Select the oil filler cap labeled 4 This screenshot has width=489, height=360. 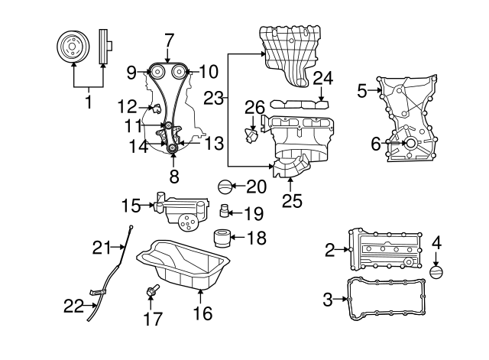click(437, 273)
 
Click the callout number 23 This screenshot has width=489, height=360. click(215, 98)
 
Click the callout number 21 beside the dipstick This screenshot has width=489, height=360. click(102, 246)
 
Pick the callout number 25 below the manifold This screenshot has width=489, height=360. click(291, 200)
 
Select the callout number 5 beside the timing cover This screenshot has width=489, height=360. click(362, 92)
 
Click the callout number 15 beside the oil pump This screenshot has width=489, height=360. click(131, 205)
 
